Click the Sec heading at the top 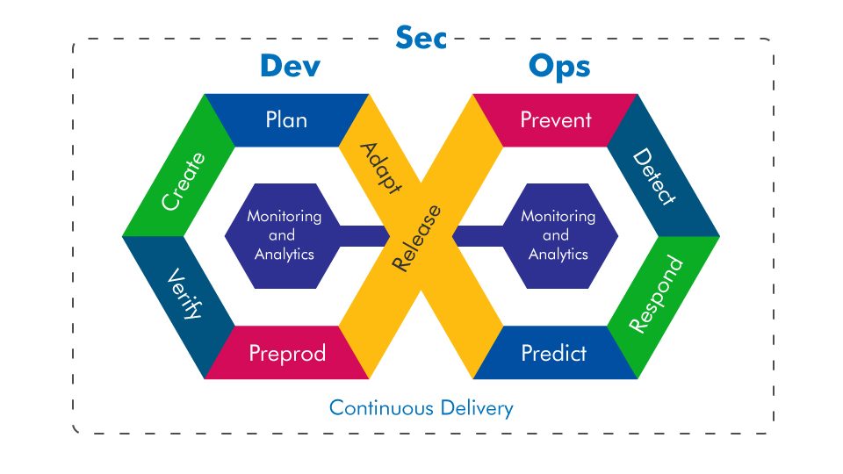pyautogui.click(x=421, y=37)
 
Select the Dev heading pyautogui.click(x=291, y=66)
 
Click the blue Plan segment pyautogui.click(x=286, y=120)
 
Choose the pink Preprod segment pyautogui.click(x=286, y=353)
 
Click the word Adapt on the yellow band pyautogui.click(x=380, y=168)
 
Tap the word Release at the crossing pyautogui.click(x=416, y=238)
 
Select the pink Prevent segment pyautogui.click(x=555, y=120)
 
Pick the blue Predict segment pyautogui.click(x=555, y=353)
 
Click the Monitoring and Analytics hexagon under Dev pyautogui.click(x=282, y=236)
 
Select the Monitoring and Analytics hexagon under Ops pyautogui.click(x=560, y=236)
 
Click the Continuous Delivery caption pyautogui.click(x=421, y=408)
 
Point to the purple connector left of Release pyautogui.click(x=364, y=236)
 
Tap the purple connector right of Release pyautogui.click(x=479, y=236)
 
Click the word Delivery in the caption pyautogui.click(x=476, y=408)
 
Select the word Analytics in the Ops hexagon pyautogui.click(x=558, y=254)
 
